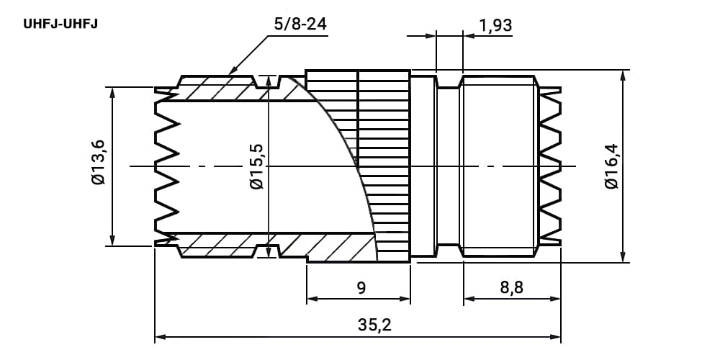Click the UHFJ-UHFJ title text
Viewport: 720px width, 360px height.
click(60, 24)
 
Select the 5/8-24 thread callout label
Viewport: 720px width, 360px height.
click(300, 24)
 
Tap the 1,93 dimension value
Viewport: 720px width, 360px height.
click(495, 25)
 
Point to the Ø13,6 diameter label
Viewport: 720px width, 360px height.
click(98, 163)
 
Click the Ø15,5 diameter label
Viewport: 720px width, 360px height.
click(257, 166)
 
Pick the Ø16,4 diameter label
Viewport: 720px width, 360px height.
click(611, 166)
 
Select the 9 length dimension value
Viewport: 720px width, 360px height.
click(361, 288)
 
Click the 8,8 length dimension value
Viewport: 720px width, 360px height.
click(512, 288)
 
